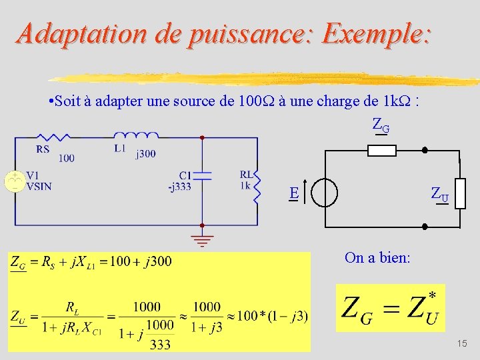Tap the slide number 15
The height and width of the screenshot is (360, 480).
coord(462,343)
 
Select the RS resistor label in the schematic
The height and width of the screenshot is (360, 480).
coord(43,149)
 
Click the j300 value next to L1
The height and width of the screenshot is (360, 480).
coord(145,154)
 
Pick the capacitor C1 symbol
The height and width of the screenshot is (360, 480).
coord(201,175)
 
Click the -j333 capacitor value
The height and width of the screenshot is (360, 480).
coord(180,186)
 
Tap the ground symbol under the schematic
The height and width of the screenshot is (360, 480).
coord(201,238)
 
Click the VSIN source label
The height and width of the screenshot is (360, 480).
coord(39,186)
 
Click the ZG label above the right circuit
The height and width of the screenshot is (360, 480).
coord(381,124)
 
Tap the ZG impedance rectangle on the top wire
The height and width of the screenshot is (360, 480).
coord(382,151)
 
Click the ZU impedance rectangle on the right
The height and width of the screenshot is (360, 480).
coord(459,193)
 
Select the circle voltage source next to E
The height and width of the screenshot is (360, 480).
coord(325,193)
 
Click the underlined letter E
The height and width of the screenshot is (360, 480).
coord(293,193)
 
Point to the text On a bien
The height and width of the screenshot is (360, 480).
coord(377,257)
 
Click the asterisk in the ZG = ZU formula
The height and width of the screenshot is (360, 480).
coord(432,295)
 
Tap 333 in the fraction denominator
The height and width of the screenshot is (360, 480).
coord(160,344)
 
